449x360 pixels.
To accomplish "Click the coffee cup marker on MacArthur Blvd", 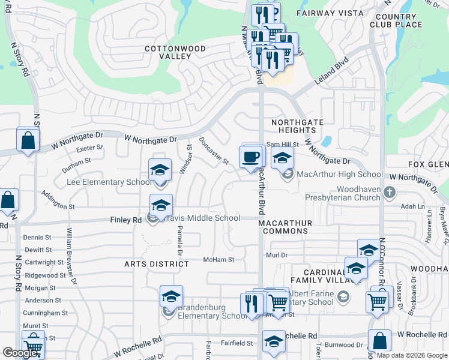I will tap(251, 158).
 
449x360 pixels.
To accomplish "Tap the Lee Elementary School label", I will tap(109, 182).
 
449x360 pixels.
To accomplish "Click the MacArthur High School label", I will tap(340, 175).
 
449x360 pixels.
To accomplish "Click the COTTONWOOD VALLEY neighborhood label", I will tap(175, 52).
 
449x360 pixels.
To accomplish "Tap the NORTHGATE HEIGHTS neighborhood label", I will tap(297, 126).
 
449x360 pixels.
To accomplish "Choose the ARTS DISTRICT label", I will tap(157, 264).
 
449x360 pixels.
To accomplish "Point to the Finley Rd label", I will tap(125, 220).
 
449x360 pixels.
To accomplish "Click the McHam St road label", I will tap(218, 259).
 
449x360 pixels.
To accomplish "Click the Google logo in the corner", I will tap(20, 353).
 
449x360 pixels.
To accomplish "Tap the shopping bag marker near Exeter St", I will tap(28, 141).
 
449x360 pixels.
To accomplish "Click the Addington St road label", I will tap(58, 200).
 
